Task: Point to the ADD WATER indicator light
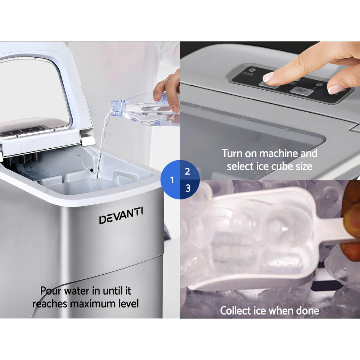[x=252, y=70]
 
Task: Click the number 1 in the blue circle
[x=172, y=180]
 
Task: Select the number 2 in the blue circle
[x=188, y=171]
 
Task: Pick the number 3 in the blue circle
[x=188, y=188]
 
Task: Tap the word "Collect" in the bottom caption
[x=235, y=310]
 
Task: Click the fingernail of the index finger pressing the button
[x=269, y=76]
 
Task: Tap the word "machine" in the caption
[x=279, y=154]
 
